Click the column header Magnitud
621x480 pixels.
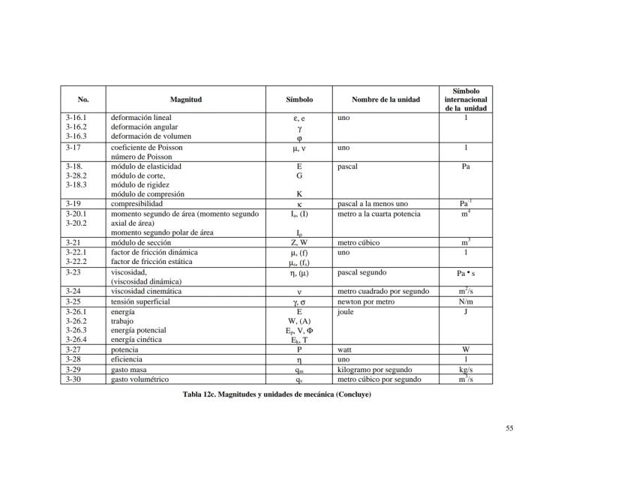pos(186,100)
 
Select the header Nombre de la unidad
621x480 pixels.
pos(385,100)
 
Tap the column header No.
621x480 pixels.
pos(82,100)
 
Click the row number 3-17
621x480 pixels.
pos(74,148)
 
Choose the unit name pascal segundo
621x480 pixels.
pos(362,273)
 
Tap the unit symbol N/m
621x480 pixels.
pos(465,301)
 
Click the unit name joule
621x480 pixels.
pos(345,311)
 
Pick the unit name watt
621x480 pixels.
pos(345,349)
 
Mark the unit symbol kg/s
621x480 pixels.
pos(465,370)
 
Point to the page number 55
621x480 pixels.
pos(509,428)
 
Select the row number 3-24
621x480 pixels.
pos(74,292)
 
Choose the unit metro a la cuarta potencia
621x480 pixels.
pos(379,214)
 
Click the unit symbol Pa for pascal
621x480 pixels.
pos(465,166)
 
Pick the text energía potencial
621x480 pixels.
pos(139,330)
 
